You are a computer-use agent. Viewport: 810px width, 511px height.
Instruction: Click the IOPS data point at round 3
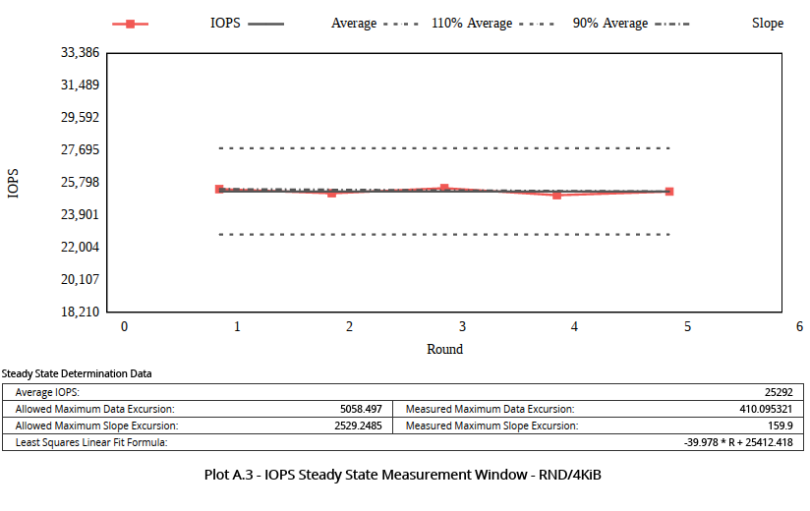(x=444, y=188)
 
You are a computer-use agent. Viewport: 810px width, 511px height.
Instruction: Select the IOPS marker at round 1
(x=219, y=189)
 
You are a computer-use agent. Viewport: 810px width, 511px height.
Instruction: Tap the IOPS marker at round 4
(x=556, y=195)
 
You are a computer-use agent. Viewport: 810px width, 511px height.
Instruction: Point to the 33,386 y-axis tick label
(x=79, y=52)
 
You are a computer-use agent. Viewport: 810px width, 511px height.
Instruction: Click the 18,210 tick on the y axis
(x=79, y=312)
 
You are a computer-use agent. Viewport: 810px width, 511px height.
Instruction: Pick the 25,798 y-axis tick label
(x=79, y=182)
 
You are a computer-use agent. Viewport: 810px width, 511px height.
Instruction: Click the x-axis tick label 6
(x=799, y=326)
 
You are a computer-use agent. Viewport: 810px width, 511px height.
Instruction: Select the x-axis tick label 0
(x=124, y=326)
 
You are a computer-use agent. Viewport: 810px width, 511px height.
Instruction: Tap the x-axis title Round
(x=444, y=349)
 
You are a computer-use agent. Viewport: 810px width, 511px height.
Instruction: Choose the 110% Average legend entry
(x=472, y=24)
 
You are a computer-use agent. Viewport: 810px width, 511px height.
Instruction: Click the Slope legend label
(x=767, y=24)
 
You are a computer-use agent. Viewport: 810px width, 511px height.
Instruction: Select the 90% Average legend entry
(x=609, y=24)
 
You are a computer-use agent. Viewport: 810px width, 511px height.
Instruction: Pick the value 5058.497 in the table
(x=360, y=409)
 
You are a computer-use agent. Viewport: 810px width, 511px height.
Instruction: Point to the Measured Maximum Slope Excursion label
(x=492, y=426)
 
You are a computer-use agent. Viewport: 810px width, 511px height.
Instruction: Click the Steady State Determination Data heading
(x=77, y=373)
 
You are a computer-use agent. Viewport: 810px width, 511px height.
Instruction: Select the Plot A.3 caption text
(x=402, y=475)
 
